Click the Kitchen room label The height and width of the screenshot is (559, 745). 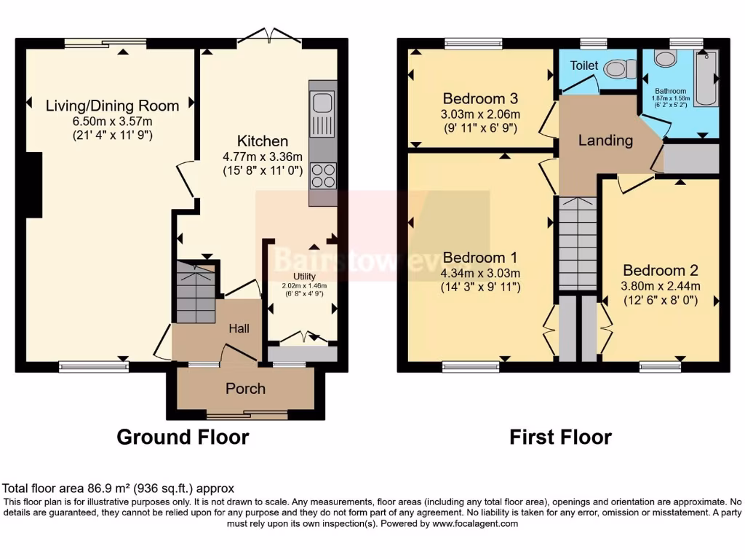(x=263, y=141)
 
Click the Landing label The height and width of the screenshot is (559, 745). (x=605, y=140)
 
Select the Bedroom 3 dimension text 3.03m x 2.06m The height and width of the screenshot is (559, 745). (x=482, y=114)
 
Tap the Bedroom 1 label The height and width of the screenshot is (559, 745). (x=479, y=258)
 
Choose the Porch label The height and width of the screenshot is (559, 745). (x=246, y=388)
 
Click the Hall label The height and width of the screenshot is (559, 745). (x=239, y=328)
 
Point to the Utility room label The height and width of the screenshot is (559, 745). (x=304, y=276)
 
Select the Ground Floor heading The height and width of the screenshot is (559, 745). (x=183, y=437)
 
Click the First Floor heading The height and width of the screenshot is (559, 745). (x=560, y=437)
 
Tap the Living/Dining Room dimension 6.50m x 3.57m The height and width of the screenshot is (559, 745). (x=112, y=122)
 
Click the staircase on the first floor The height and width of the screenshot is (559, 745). (x=578, y=244)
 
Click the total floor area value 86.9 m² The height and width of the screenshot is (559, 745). (x=90, y=488)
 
